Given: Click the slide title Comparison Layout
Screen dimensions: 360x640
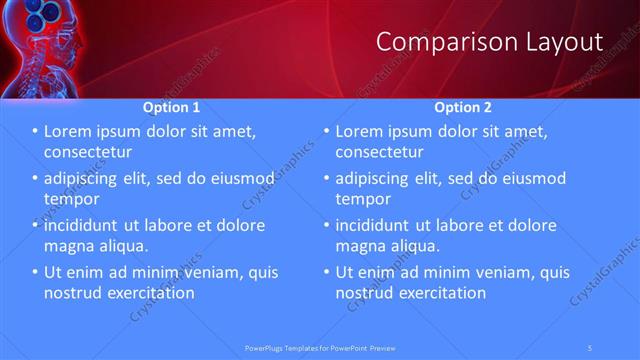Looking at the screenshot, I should coord(489,41).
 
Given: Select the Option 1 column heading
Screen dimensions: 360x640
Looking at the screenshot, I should coord(171,107).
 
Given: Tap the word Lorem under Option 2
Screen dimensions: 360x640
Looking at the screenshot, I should coord(361,131).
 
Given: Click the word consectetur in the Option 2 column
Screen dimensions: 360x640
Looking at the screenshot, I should coord(379,152).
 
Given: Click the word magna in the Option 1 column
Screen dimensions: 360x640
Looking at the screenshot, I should coord(68,246).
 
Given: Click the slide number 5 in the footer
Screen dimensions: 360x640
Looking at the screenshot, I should coord(591,347).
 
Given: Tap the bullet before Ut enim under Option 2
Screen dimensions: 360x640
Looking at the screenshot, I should coord(326,272).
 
